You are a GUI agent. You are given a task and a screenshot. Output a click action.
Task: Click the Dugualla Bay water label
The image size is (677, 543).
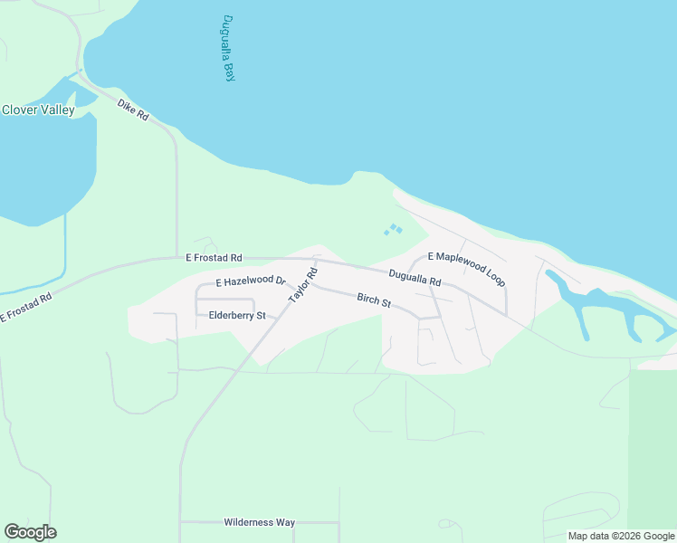[228, 50]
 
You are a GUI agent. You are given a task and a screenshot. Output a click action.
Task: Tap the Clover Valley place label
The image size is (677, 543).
[38, 110]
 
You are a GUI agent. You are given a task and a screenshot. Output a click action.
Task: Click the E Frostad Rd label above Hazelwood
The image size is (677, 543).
[215, 258]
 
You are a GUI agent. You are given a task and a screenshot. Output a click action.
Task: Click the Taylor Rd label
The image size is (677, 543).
[303, 285]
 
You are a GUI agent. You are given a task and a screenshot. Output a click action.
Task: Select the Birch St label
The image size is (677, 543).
[373, 300]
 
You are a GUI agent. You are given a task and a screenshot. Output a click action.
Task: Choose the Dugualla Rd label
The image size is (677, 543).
[415, 278]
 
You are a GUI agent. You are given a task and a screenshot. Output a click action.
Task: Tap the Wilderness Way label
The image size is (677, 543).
[260, 522]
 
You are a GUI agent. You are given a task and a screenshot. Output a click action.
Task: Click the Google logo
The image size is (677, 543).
[30, 532]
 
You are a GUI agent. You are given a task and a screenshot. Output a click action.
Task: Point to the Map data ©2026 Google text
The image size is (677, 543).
[621, 536]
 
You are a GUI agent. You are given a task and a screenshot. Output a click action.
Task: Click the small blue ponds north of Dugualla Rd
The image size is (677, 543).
[394, 230]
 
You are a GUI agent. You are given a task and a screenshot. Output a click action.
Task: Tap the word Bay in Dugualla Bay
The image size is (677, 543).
[230, 72]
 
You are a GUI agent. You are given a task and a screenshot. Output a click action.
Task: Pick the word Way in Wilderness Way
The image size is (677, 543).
[285, 522]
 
